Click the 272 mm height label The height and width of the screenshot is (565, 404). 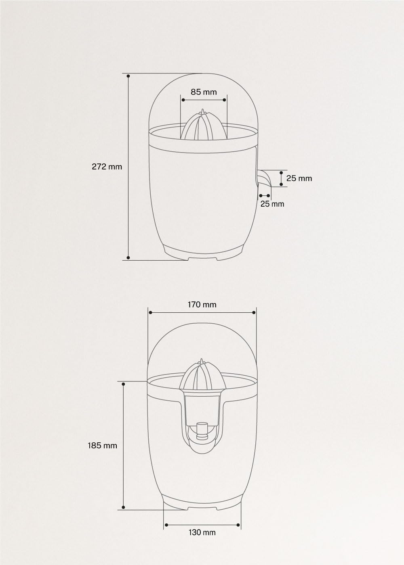[107, 167]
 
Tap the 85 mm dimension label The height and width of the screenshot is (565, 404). [204, 92]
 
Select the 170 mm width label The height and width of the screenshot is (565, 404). [202, 305]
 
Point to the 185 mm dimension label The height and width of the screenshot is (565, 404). [103, 446]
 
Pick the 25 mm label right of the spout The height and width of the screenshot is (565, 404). [299, 178]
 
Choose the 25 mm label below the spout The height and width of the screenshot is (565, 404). [272, 204]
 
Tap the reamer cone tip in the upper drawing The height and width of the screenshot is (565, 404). [202, 110]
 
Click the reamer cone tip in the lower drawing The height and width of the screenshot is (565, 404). [201, 360]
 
